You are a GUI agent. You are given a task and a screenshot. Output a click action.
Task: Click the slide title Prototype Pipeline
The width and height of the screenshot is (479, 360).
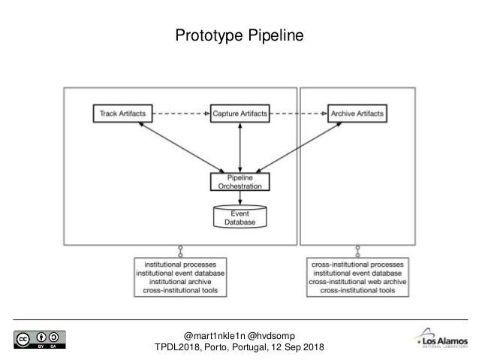[239, 35]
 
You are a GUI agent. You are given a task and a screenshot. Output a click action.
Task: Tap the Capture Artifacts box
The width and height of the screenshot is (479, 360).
[239, 113]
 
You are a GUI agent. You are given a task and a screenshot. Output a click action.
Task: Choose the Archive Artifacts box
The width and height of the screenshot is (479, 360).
[357, 113]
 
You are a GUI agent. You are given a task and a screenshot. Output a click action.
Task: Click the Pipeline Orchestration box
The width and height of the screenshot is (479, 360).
[239, 181]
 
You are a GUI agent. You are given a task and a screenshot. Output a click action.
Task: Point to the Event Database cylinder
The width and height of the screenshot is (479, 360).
[239, 216]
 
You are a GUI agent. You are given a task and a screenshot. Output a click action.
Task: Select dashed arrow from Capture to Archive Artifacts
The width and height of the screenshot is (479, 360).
[298, 113]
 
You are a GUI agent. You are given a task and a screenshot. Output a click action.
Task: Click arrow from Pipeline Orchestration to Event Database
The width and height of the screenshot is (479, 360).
[239, 197]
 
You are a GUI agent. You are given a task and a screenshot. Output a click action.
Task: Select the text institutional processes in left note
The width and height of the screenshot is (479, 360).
[180, 265]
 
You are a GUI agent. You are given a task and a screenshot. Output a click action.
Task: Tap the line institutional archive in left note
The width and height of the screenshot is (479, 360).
[180, 281]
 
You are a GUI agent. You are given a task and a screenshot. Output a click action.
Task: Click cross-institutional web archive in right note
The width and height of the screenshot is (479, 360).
[359, 281]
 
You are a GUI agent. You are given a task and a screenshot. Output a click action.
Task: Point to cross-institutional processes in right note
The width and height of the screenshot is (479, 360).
[359, 265]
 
